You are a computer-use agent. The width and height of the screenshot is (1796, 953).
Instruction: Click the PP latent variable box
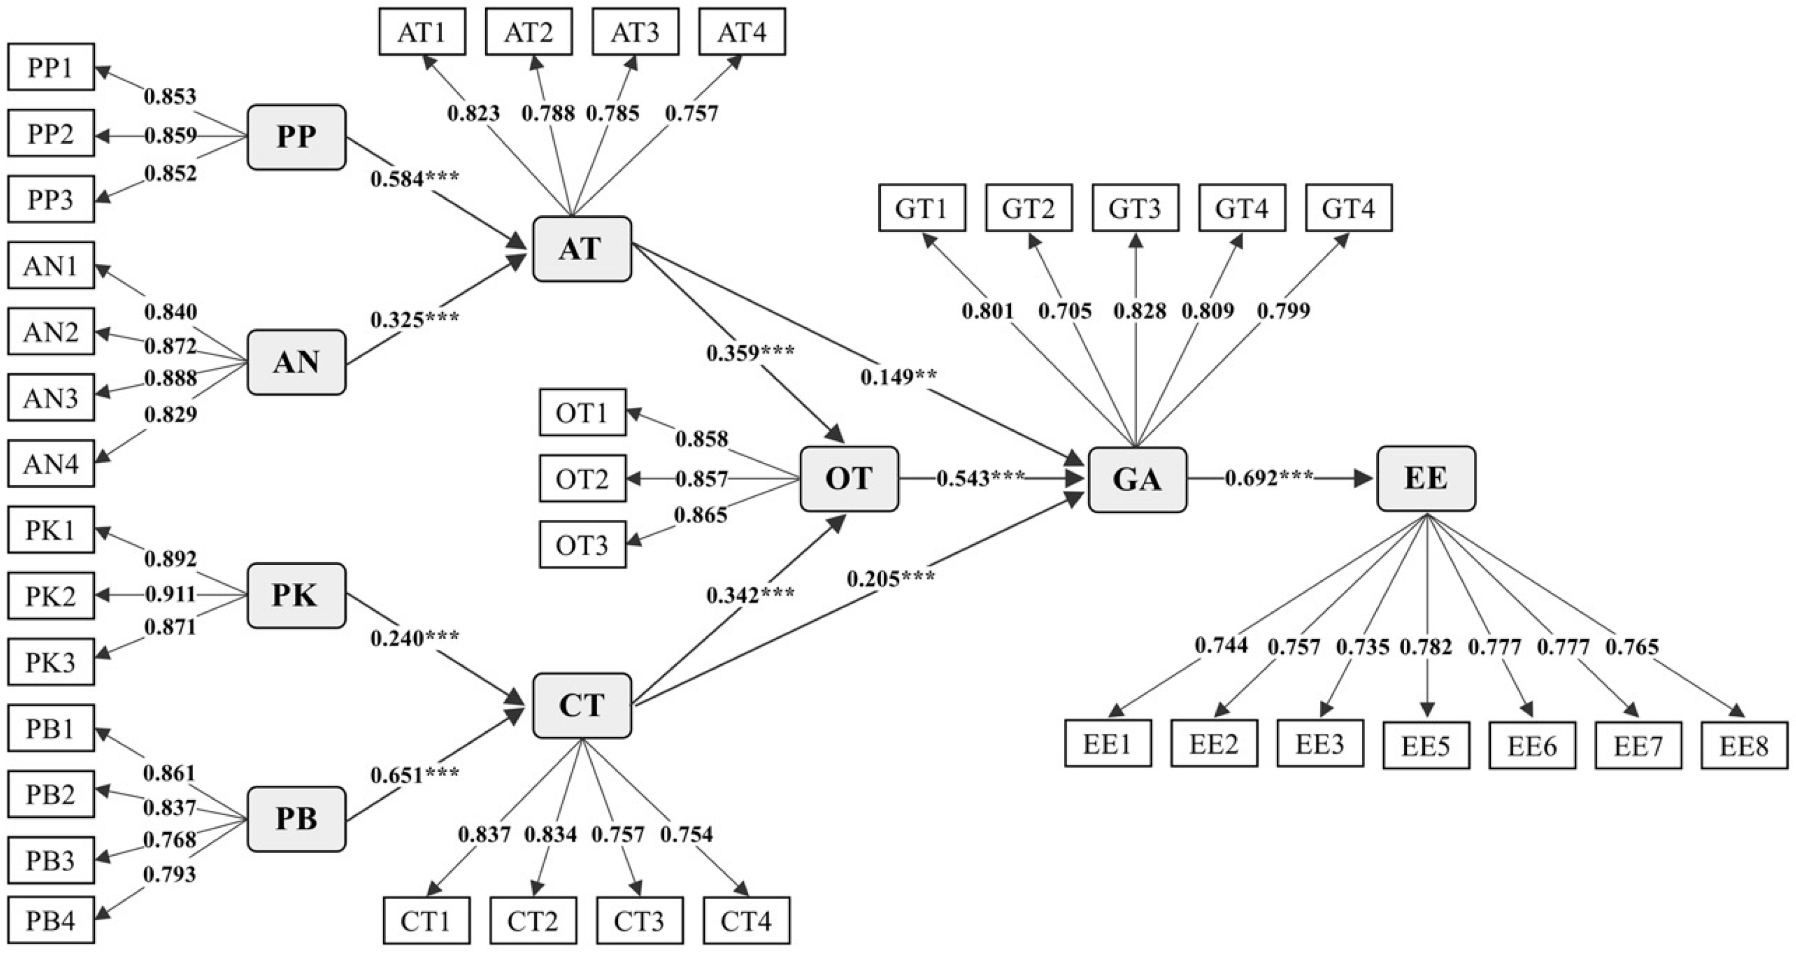click(296, 137)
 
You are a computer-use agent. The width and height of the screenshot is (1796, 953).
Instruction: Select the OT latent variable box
click(849, 479)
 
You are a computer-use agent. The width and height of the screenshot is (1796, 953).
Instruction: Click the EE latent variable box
click(1426, 479)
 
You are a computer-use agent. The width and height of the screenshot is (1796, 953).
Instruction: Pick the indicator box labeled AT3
click(635, 32)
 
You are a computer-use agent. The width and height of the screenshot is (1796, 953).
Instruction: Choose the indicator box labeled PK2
click(51, 596)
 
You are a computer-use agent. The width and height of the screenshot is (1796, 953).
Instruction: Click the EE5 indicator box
click(1426, 746)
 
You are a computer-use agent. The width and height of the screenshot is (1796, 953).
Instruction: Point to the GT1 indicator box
click(922, 208)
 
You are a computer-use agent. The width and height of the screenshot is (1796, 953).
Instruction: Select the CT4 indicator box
click(746, 921)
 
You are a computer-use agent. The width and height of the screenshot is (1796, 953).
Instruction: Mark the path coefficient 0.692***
click(1269, 478)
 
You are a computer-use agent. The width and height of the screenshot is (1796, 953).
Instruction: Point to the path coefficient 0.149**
click(899, 377)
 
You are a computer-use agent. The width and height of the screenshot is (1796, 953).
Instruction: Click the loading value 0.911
click(171, 595)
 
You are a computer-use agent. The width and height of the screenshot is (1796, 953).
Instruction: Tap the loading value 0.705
click(1065, 311)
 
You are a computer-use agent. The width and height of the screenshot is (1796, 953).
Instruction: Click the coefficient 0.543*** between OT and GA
click(980, 478)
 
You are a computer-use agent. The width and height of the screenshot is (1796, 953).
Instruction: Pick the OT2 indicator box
click(582, 479)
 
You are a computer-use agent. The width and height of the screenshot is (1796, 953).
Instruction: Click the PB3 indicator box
click(51, 860)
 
